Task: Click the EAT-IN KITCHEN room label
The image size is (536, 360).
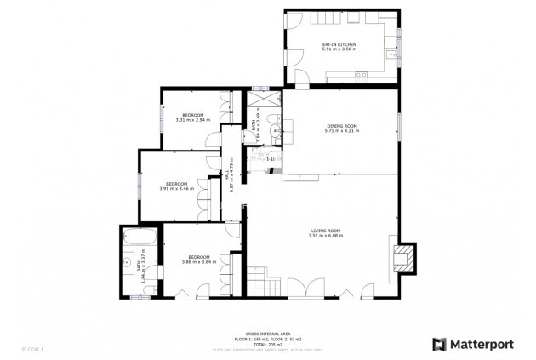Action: pos(339,44)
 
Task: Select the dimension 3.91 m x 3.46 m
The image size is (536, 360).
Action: pos(176,188)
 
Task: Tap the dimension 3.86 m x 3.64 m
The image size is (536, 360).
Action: pos(198,262)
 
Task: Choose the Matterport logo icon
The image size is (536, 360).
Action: pos(439,345)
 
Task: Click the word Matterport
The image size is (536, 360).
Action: pos(483,345)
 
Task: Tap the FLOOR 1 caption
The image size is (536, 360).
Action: pos(32,349)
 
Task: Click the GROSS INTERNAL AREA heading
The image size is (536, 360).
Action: pos(267,334)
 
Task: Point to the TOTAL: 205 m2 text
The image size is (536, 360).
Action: pos(267,343)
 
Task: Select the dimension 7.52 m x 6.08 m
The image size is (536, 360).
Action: pos(325,237)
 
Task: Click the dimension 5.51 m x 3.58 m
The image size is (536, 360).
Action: pos(339,49)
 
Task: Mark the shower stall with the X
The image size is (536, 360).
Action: pos(265,100)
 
